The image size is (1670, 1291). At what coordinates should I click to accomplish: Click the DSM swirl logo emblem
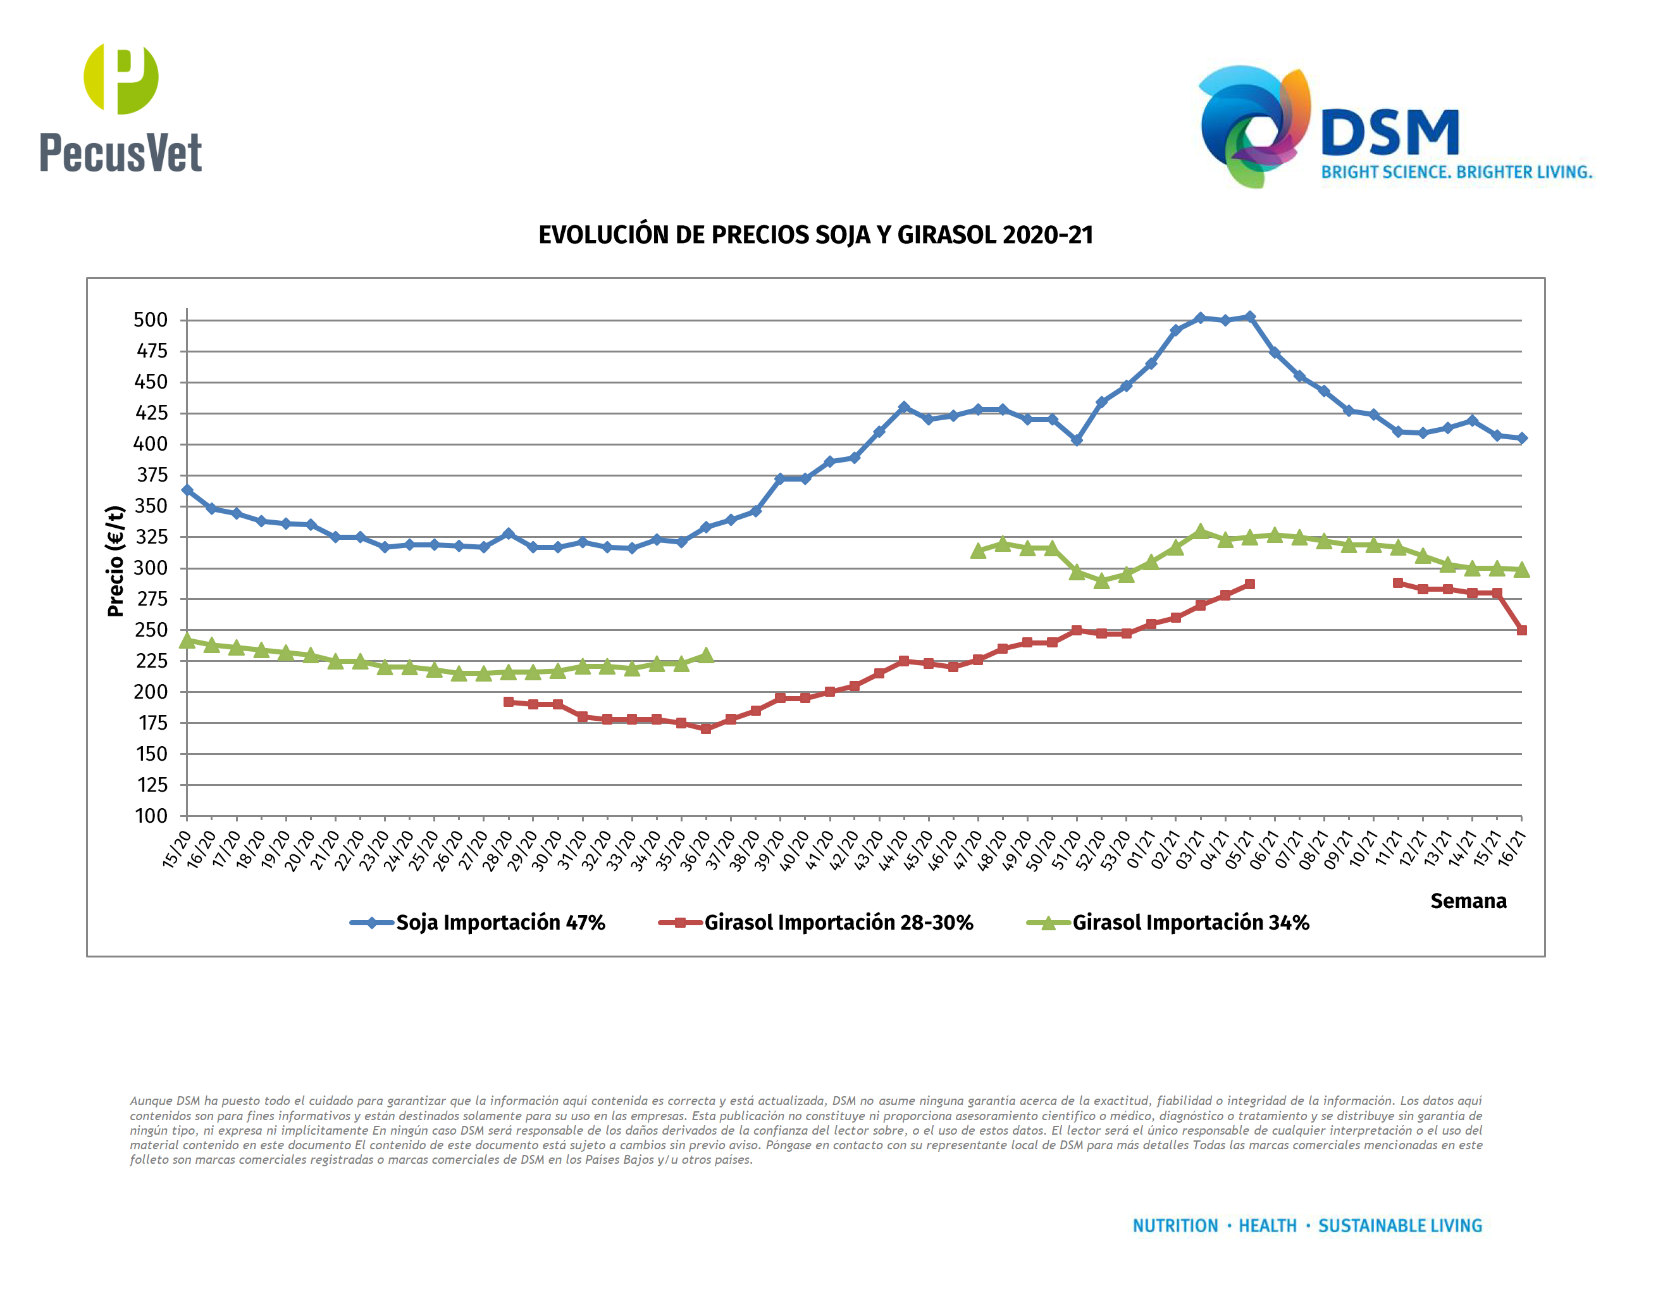click(x=1254, y=126)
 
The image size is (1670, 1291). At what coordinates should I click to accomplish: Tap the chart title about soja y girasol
click(x=815, y=235)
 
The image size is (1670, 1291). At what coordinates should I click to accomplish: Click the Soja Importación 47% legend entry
click(x=478, y=922)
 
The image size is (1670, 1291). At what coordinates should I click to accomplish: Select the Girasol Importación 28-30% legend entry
click(x=816, y=922)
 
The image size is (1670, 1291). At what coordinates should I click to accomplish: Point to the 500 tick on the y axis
click(x=151, y=320)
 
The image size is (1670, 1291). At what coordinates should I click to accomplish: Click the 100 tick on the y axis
click(x=151, y=816)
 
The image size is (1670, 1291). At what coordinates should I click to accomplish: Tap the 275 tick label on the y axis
click(x=151, y=599)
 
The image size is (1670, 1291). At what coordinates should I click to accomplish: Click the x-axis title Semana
click(x=1468, y=901)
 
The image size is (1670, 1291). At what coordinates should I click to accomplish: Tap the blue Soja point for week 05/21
click(x=1250, y=316)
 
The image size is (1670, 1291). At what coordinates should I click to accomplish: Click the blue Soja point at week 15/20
click(x=187, y=489)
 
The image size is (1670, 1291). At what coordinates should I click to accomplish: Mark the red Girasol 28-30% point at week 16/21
click(x=1521, y=630)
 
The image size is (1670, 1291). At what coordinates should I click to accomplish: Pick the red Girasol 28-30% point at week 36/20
click(x=706, y=729)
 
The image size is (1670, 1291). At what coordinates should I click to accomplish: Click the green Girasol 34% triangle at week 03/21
click(x=1201, y=532)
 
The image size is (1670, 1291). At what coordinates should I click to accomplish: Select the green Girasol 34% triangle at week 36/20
click(x=706, y=656)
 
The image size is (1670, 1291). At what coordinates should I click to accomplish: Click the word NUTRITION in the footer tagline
click(x=1175, y=1225)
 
